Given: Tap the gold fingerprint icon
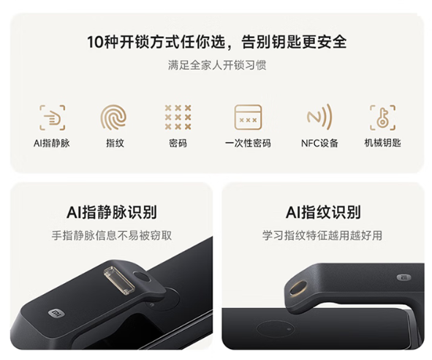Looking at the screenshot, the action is pyautogui.click(x=113, y=117).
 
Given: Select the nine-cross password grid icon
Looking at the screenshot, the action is pyautogui.click(x=178, y=117).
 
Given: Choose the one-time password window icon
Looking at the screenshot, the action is pyautogui.click(x=248, y=117).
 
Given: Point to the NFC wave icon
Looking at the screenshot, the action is pyautogui.click(x=319, y=117).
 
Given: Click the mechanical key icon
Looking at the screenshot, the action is pyautogui.click(x=383, y=118).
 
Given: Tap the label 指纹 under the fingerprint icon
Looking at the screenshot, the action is pyautogui.click(x=115, y=143).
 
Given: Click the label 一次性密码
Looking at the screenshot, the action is pyautogui.click(x=248, y=143).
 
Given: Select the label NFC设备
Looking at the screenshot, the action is pyautogui.click(x=319, y=143).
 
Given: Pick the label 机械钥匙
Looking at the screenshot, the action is pyautogui.click(x=383, y=143).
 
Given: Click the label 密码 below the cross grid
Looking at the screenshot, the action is pyautogui.click(x=178, y=143).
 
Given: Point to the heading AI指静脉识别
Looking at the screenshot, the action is pyautogui.click(x=112, y=212).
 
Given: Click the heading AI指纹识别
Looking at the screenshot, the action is pyautogui.click(x=323, y=212).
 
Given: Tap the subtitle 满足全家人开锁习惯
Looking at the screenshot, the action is pyautogui.click(x=217, y=65).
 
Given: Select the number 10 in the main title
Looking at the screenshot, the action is pyautogui.click(x=95, y=42).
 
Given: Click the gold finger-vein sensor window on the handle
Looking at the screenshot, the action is pyautogui.click(x=118, y=280).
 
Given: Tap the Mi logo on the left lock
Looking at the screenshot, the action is pyautogui.click(x=56, y=313).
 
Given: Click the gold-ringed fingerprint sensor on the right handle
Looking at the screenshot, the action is pyautogui.click(x=298, y=288).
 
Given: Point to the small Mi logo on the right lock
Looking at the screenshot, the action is pyautogui.click(x=404, y=277).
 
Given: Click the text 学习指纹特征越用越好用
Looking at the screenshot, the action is pyautogui.click(x=322, y=236).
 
